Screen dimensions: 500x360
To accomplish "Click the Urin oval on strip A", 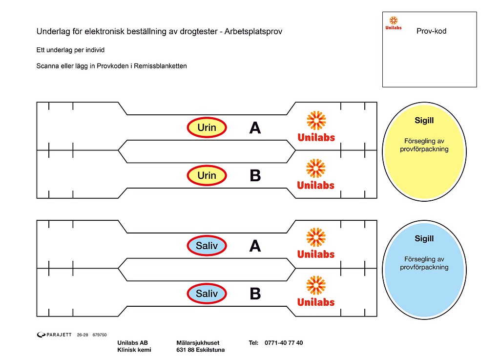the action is tap(207, 127).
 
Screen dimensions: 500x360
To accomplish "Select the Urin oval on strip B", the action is tap(207, 175).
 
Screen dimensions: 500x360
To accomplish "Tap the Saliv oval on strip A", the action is tap(207, 246).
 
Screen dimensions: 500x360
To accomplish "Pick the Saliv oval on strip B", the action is tap(207, 294).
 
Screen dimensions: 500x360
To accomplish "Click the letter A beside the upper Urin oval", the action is tap(255, 128).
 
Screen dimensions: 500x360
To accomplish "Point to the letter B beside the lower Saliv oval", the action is tap(255, 294).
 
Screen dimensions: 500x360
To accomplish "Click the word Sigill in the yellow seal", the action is tap(424, 121).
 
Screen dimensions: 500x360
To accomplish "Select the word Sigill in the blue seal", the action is tap(424, 238).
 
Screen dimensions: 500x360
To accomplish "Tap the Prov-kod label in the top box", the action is tap(431, 31).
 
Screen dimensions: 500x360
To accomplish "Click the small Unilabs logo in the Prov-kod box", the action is tap(394, 23).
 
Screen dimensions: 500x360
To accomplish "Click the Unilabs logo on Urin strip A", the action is tap(316, 127).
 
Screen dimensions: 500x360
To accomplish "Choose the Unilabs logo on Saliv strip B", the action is tap(316, 291).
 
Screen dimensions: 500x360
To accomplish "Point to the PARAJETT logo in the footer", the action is tap(54, 335).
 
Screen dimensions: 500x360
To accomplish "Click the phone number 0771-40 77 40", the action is tap(284, 343).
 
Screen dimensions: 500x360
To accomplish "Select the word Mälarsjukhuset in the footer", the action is tap(198, 343).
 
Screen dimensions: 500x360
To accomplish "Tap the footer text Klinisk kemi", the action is tap(134, 350).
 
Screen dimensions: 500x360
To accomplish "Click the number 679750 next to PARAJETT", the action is tap(100, 335).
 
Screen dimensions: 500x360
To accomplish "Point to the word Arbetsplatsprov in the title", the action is tap(253, 32).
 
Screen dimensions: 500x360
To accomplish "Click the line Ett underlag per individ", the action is tap(70, 50).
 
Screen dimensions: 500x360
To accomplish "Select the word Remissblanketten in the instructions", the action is tap(160, 66).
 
